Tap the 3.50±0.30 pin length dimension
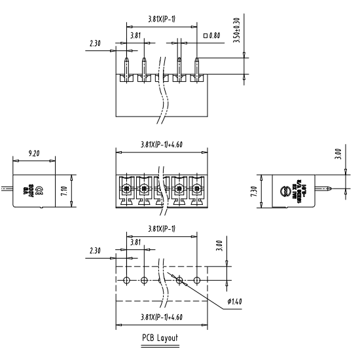(236, 33)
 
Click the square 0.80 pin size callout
(211, 34)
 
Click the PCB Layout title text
(160, 338)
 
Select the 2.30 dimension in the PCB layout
(95, 250)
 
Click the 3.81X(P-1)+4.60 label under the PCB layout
(160, 317)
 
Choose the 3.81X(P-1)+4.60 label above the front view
(160, 145)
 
